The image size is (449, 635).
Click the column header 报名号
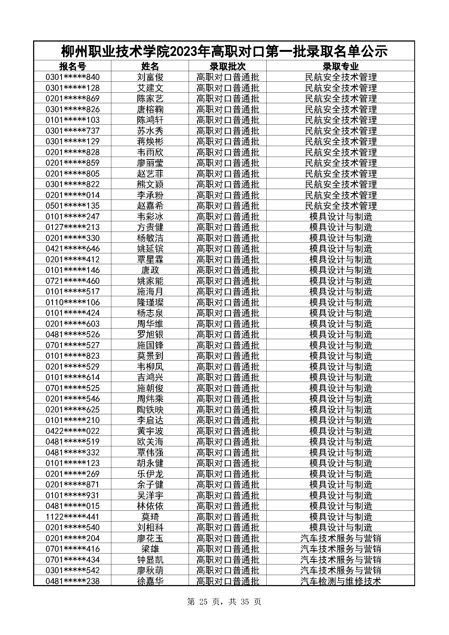[x=72, y=66]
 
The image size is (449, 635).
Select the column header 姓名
[x=150, y=66]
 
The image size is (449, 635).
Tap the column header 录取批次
[x=227, y=66]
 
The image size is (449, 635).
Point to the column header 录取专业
[x=340, y=66]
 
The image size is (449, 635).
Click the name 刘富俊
[x=150, y=77]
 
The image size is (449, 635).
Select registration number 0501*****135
[x=72, y=206]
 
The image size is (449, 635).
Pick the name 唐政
[x=150, y=270]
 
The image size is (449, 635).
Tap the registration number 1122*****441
[x=72, y=517]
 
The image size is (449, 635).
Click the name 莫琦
[x=150, y=517]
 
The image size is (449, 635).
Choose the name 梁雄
[x=150, y=549]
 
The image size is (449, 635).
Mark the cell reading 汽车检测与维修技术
[x=340, y=581]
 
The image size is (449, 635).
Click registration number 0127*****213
[x=72, y=227]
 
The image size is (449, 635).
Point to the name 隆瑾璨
[x=150, y=302]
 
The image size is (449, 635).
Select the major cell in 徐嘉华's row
[x=340, y=581]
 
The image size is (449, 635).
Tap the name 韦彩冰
[x=150, y=216]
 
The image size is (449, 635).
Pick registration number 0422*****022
[x=72, y=431]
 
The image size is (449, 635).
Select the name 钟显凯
[x=150, y=560]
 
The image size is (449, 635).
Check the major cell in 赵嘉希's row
[x=340, y=206]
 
